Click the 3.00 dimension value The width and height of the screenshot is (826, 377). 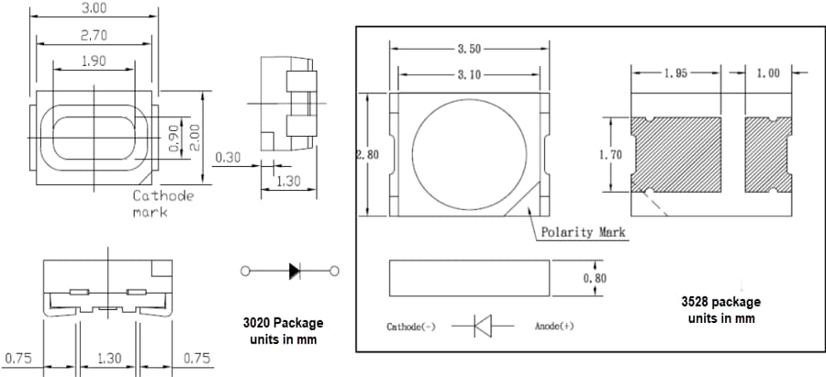pyautogui.click(x=95, y=8)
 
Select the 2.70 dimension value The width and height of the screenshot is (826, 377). pyautogui.click(x=95, y=35)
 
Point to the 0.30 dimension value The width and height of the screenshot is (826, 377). pyautogui.click(x=229, y=158)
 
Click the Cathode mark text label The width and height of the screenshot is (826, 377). pyautogui.click(x=163, y=204)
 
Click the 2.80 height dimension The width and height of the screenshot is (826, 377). pyautogui.click(x=367, y=155)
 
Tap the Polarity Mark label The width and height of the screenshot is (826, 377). pyautogui.click(x=584, y=232)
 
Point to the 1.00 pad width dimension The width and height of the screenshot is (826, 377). pyautogui.click(x=768, y=73)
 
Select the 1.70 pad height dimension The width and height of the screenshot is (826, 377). pyautogui.click(x=609, y=155)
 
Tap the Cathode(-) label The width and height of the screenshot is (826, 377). pyautogui.click(x=411, y=327)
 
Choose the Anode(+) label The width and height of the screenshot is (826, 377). pyautogui.click(x=554, y=327)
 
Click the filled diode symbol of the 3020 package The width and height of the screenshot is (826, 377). pyautogui.click(x=294, y=271)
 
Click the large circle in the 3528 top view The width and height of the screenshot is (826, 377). pyautogui.click(x=469, y=155)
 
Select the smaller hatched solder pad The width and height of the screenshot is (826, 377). pyautogui.click(x=767, y=154)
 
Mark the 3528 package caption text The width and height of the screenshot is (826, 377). pyautogui.click(x=720, y=309)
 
